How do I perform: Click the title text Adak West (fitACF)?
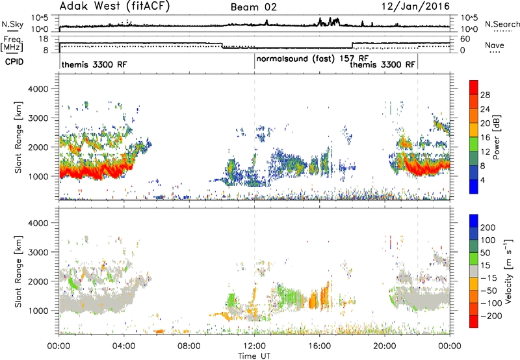114,6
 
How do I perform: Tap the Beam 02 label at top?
253,7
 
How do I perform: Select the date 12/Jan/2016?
415,6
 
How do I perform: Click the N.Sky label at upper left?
12,24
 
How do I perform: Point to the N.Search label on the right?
502,24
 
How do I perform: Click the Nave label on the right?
495,45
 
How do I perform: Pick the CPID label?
14,62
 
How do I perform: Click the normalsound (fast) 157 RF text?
313,59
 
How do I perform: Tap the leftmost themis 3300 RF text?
94,64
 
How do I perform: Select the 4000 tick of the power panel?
38,89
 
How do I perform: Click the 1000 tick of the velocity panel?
38,311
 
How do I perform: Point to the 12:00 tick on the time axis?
254,346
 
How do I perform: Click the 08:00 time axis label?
189,346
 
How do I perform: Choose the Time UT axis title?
254,356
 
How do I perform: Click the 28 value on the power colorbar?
485,95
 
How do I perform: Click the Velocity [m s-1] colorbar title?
508,271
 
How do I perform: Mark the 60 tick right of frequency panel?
465,39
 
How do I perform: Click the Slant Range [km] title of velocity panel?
18,272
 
